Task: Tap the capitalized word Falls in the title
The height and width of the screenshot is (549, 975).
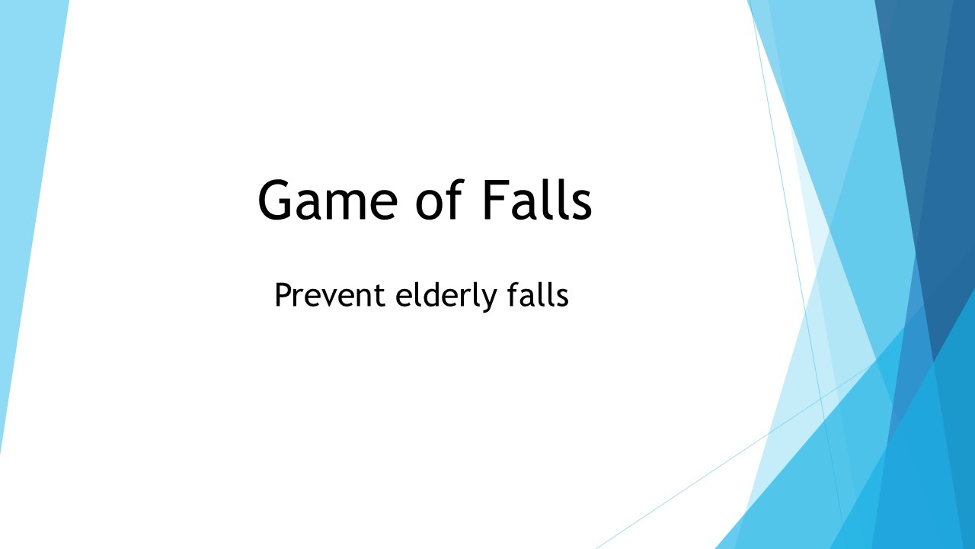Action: point(536,201)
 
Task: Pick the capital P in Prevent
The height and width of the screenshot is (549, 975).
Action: point(283,295)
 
